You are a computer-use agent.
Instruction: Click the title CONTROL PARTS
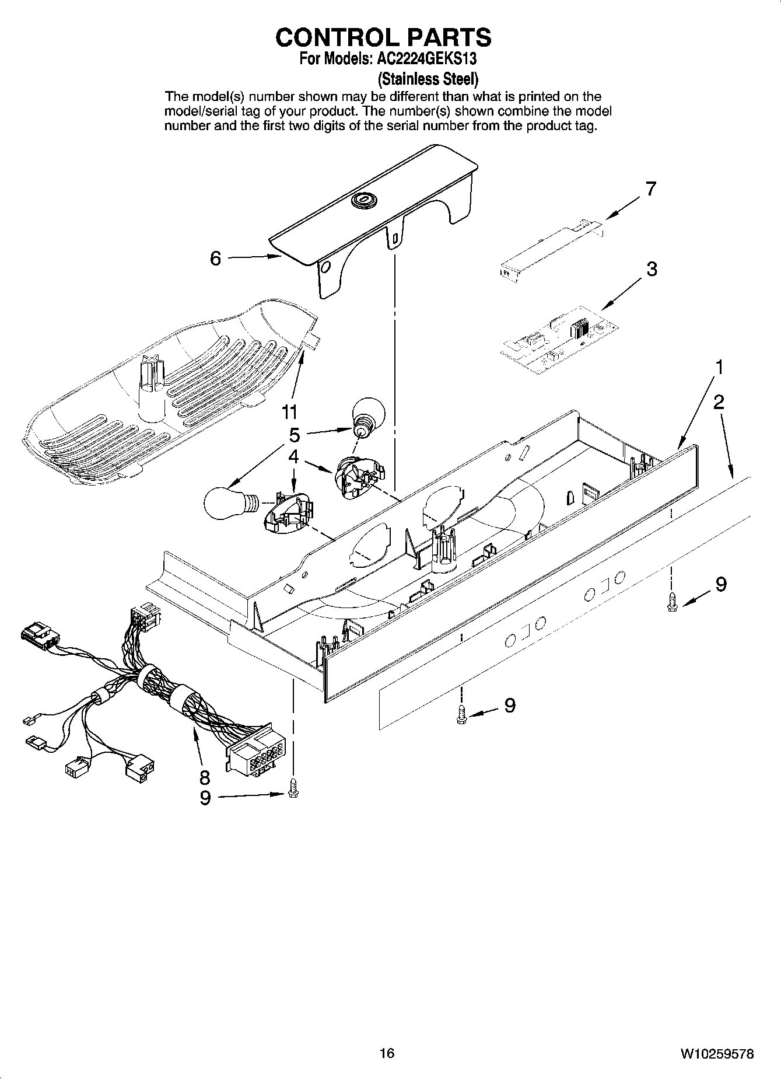point(383,37)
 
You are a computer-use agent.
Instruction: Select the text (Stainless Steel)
point(428,78)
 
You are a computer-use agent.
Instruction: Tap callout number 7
point(650,188)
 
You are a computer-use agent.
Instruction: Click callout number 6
point(216,258)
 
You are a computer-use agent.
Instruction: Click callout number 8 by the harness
point(204,777)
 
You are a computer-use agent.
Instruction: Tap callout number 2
point(719,401)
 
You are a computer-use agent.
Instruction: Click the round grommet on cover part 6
point(365,200)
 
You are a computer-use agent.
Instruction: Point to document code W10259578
point(716,1054)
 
